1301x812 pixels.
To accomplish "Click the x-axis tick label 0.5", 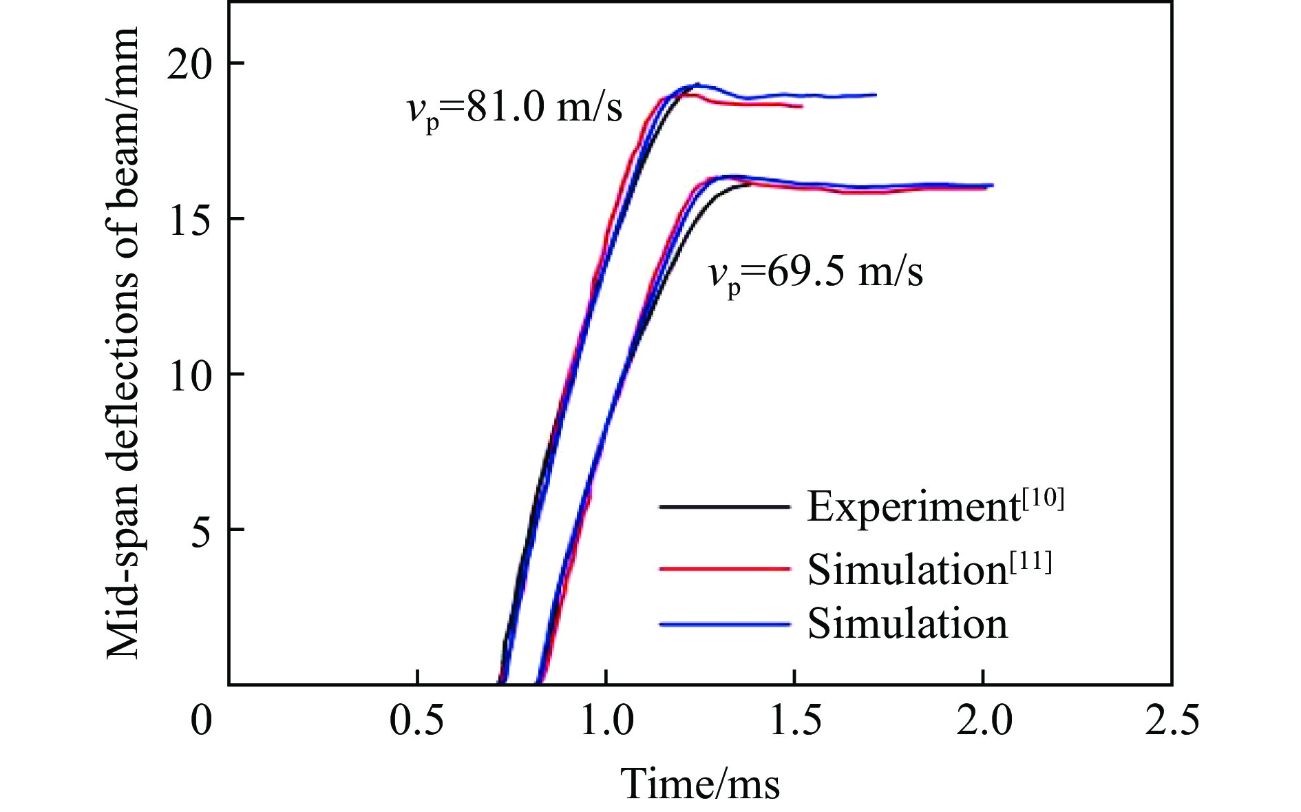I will pyautogui.click(x=416, y=721).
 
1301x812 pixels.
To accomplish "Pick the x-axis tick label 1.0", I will pyautogui.click(x=606, y=721).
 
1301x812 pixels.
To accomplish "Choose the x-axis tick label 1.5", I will pyautogui.click(x=794, y=721).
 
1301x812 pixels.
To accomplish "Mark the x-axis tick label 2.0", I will pyautogui.click(x=984, y=721).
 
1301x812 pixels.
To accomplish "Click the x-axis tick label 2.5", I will pyautogui.click(x=1172, y=721).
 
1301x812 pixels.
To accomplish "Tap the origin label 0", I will pyautogui.click(x=201, y=721).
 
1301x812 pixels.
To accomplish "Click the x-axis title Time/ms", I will pyautogui.click(x=700, y=783).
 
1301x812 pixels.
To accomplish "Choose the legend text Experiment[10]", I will pyautogui.click(x=935, y=506).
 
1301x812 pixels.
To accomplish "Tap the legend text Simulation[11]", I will pyautogui.click(x=929, y=569).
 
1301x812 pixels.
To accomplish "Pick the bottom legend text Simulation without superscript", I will pyautogui.click(x=907, y=624).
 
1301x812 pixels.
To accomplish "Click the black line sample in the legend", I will pyautogui.click(x=724, y=507).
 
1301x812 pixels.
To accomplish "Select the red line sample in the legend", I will pyautogui.click(x=724, y=569).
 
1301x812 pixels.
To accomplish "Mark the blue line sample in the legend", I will pyautogui.click(x=724, y=624).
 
